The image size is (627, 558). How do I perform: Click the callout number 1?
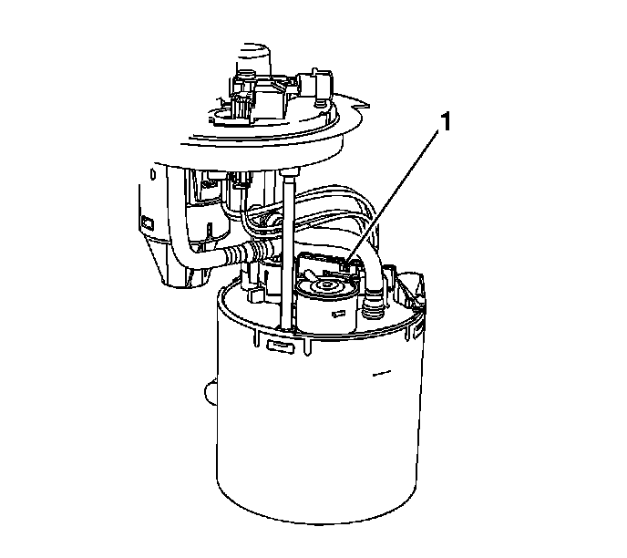click(x=444, y=122)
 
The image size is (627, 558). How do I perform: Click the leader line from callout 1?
click(x=392, y=196)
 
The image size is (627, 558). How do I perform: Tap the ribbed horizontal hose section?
click(x=248, y=253)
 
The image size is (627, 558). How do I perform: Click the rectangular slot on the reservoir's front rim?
click(x=281, y=345)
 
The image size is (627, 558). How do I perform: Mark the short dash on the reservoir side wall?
click(x=381, y=374)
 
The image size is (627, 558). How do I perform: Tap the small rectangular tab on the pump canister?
click(x=339, y=314)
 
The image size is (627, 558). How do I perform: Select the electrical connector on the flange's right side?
click(x=316, y=85)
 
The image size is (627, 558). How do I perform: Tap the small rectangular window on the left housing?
click(x=147, y=223)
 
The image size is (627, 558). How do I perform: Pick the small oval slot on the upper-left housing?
click(x=153, y=174)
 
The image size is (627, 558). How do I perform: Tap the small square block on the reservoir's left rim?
click(x=255, y=295)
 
